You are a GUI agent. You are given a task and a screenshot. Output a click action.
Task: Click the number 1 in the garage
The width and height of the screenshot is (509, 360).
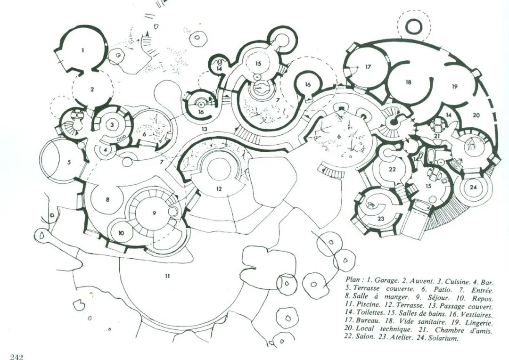coord(83,50)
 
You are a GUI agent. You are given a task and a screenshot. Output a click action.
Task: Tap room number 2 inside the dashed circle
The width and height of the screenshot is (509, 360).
coord(92,89)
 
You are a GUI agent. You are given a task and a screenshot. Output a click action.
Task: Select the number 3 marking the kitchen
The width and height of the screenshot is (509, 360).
coord(112,124)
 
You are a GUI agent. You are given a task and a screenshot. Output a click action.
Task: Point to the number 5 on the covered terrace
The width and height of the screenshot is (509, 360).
coord(69,162)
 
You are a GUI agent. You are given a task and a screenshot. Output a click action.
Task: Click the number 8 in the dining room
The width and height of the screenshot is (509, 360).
coord(107,199)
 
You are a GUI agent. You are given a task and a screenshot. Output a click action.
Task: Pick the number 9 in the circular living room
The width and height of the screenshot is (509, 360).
coord(154,213)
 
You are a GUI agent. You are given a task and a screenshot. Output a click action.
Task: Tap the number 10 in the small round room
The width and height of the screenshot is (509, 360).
coord(121,233)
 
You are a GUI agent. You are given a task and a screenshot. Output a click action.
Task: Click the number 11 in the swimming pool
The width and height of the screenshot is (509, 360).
coord(167,276)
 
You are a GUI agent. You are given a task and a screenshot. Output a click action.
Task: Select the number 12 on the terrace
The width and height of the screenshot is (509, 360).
coord(219,188)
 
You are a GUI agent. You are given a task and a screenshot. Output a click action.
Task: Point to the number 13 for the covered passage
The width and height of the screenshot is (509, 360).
coord(204,129)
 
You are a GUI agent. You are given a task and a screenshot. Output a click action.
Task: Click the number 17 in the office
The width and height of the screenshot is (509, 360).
coord(368,67)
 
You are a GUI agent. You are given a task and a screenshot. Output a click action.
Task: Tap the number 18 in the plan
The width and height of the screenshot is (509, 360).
coord(408,82)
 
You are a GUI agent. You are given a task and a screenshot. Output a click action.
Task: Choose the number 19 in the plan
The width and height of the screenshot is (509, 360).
coord(454,87)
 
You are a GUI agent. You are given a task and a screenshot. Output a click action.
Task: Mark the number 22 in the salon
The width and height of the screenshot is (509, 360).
coord(393,169)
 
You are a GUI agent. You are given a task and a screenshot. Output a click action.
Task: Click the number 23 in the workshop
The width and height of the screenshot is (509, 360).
coord(381,219)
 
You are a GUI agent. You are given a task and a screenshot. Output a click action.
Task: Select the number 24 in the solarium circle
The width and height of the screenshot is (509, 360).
coord(473,188)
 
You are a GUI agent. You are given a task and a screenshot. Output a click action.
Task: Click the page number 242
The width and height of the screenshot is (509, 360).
coord(17,357)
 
